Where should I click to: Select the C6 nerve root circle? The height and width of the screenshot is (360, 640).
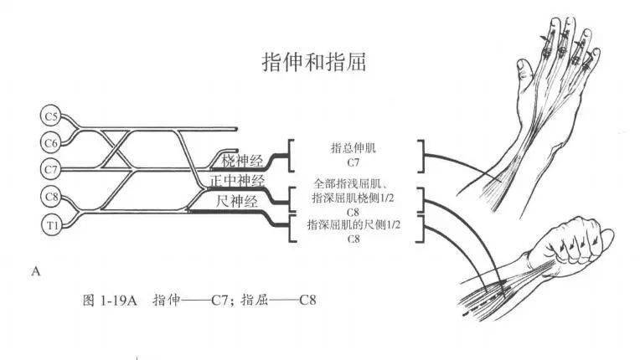click(x=51, y=142)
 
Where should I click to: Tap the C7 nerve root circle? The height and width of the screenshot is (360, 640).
click(x=51, y=169)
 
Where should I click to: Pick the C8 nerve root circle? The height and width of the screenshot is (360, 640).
click(x=51, y=197)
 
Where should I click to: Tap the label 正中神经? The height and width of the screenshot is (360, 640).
click(x=237, y=180)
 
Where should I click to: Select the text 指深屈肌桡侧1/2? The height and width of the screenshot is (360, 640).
click(x=353, y=198)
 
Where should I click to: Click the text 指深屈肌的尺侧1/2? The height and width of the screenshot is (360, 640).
click(x=353, y=224)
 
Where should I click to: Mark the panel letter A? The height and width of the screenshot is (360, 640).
click(x=34, y=271)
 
